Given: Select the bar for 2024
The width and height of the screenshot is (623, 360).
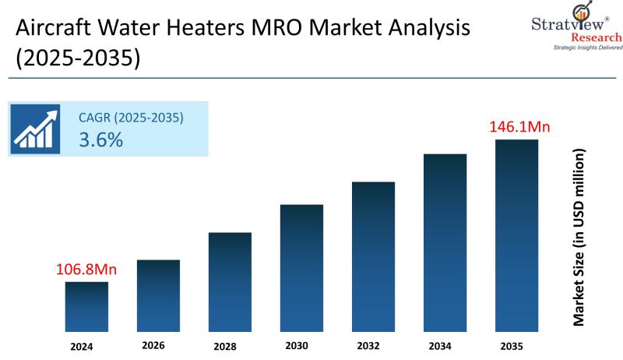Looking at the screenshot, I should (86, 306).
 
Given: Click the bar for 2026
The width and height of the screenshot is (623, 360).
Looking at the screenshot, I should (158, 295).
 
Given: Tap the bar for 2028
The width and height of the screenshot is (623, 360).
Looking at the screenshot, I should (230, 281).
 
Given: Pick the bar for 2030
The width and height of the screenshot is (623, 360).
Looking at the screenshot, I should (301, 267).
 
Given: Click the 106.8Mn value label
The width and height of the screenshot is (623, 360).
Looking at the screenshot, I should (86, 270).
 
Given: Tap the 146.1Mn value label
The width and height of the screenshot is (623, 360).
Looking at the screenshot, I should (517, 126).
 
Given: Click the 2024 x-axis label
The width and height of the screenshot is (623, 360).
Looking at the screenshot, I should (83, 345).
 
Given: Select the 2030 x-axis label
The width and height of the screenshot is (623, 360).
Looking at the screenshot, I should (297, 345).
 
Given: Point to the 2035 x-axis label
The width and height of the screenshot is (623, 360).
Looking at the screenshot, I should (512, 345).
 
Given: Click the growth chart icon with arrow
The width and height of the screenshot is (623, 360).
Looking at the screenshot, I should (36, 129).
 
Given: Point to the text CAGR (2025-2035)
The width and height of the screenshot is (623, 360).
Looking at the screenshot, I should (131, 118).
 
